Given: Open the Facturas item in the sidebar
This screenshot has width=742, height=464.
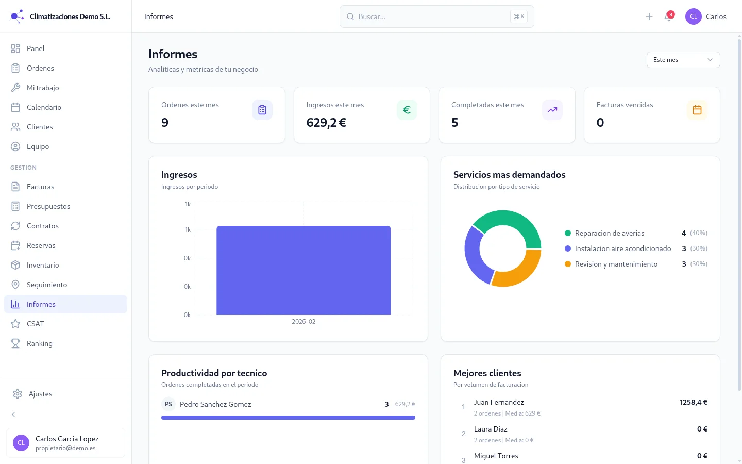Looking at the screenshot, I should point(40,187).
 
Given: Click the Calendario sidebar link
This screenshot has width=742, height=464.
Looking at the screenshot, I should point(44,107).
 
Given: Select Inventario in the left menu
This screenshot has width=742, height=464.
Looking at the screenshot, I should point(43,265).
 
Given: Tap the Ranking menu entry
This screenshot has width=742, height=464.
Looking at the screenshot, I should point(40,343).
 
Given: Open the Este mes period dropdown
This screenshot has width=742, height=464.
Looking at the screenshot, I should point(683,60).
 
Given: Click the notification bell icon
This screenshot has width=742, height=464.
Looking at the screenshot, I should point(668,17).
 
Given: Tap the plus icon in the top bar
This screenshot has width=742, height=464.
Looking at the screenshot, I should point(649,16).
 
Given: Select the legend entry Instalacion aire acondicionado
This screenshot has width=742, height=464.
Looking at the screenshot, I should point(622,248).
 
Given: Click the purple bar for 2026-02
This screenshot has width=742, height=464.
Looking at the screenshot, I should point(303,270).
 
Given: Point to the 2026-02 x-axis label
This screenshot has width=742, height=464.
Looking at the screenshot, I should point(303,322).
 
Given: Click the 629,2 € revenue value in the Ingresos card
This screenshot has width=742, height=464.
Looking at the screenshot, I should point(326,123).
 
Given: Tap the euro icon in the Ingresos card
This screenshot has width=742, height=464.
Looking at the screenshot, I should point(407,110).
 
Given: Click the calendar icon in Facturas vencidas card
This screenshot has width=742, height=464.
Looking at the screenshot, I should point(697,110).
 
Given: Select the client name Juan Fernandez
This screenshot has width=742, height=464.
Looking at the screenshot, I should point(499,402).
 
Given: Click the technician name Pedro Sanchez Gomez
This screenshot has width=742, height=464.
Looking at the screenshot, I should point(215,404).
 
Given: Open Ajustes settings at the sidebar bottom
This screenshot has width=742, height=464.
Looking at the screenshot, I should point(40,394).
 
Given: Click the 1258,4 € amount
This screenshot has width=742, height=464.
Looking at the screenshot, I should point(693,402).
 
